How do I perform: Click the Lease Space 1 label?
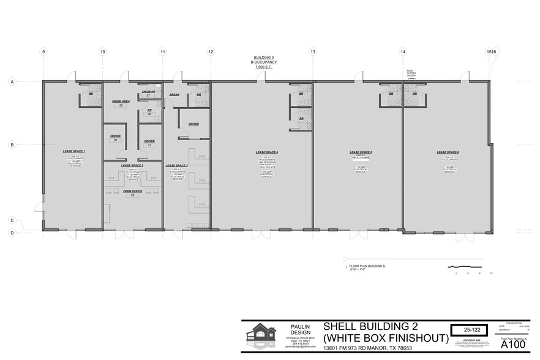coord(73,151)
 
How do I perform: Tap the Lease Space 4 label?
coord(267,152)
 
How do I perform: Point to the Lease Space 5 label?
coord(361,152)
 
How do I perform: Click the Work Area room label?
coord(121,101)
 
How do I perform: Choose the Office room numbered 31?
coord(149,141)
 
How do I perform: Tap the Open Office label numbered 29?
coord(132,191)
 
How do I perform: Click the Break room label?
coord(174,95)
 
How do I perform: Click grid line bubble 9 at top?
coord(43,53)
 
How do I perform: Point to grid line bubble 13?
coord(312,53)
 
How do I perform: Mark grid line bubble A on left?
coord(12,81)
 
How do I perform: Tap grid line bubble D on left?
coord(12,233)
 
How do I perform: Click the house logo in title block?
coord(262,336)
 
